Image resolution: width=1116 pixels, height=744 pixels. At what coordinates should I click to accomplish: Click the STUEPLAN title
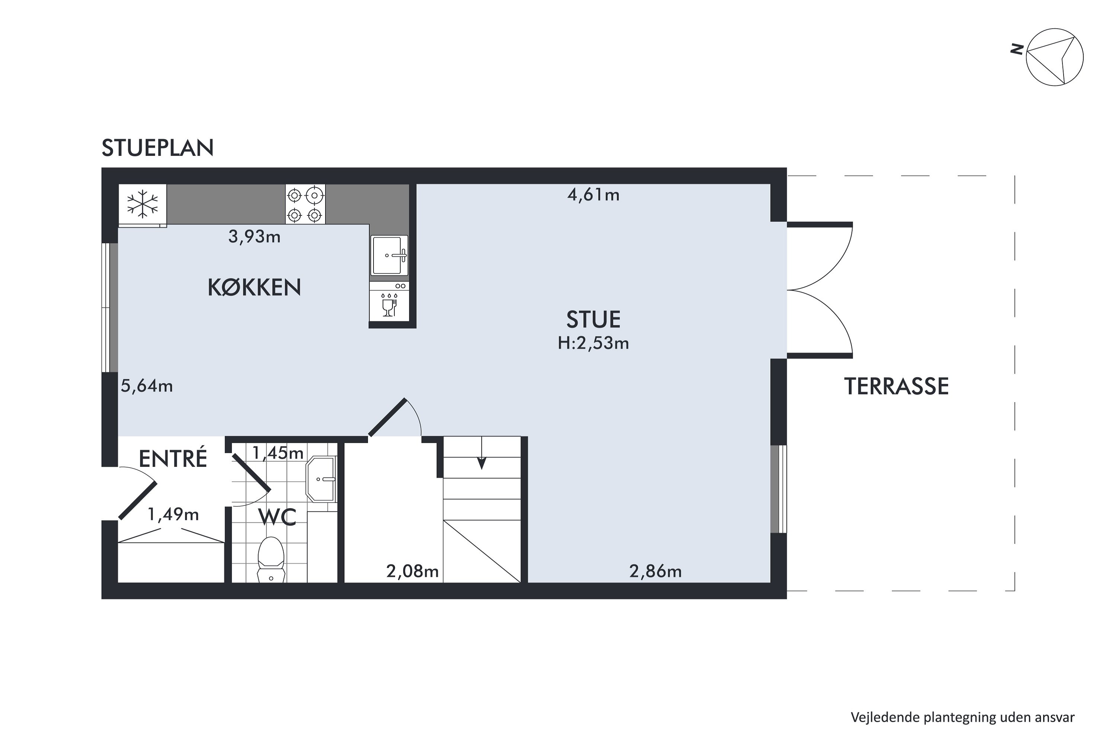(157, 148)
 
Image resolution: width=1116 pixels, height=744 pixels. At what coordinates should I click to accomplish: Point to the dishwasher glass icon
(389, 307)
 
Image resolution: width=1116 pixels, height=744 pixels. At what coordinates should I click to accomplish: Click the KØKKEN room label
(254, 288)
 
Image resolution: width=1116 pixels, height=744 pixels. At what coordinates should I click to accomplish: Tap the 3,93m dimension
(254, 236)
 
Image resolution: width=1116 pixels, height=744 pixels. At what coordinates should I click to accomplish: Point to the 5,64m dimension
(147, 386)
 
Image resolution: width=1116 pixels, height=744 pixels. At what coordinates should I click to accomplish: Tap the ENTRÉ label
(173, 459)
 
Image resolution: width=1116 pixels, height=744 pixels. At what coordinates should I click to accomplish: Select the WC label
(278, 517)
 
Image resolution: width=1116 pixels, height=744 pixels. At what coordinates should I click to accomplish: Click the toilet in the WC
(271, 560)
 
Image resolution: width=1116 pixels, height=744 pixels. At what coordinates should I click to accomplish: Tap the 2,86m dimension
(655, 571)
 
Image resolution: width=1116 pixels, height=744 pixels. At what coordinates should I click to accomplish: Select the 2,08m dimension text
(412, 571)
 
